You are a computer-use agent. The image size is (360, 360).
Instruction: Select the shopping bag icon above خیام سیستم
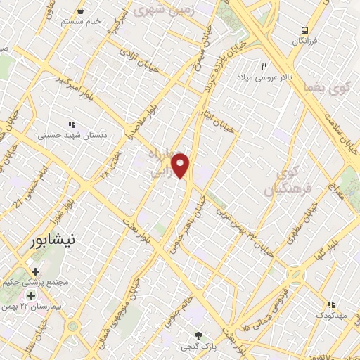[x=80, y=11]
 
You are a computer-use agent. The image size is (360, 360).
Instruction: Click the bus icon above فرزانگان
[x=304, y=30]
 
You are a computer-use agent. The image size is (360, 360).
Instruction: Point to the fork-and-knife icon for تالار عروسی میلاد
[x=264, y=65]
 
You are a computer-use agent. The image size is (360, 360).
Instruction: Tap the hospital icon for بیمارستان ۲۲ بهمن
[x=31, y=295]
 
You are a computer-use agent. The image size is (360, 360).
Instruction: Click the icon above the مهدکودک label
[x=330, y=304]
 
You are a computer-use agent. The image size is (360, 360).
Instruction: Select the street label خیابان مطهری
[x=299, y=224]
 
